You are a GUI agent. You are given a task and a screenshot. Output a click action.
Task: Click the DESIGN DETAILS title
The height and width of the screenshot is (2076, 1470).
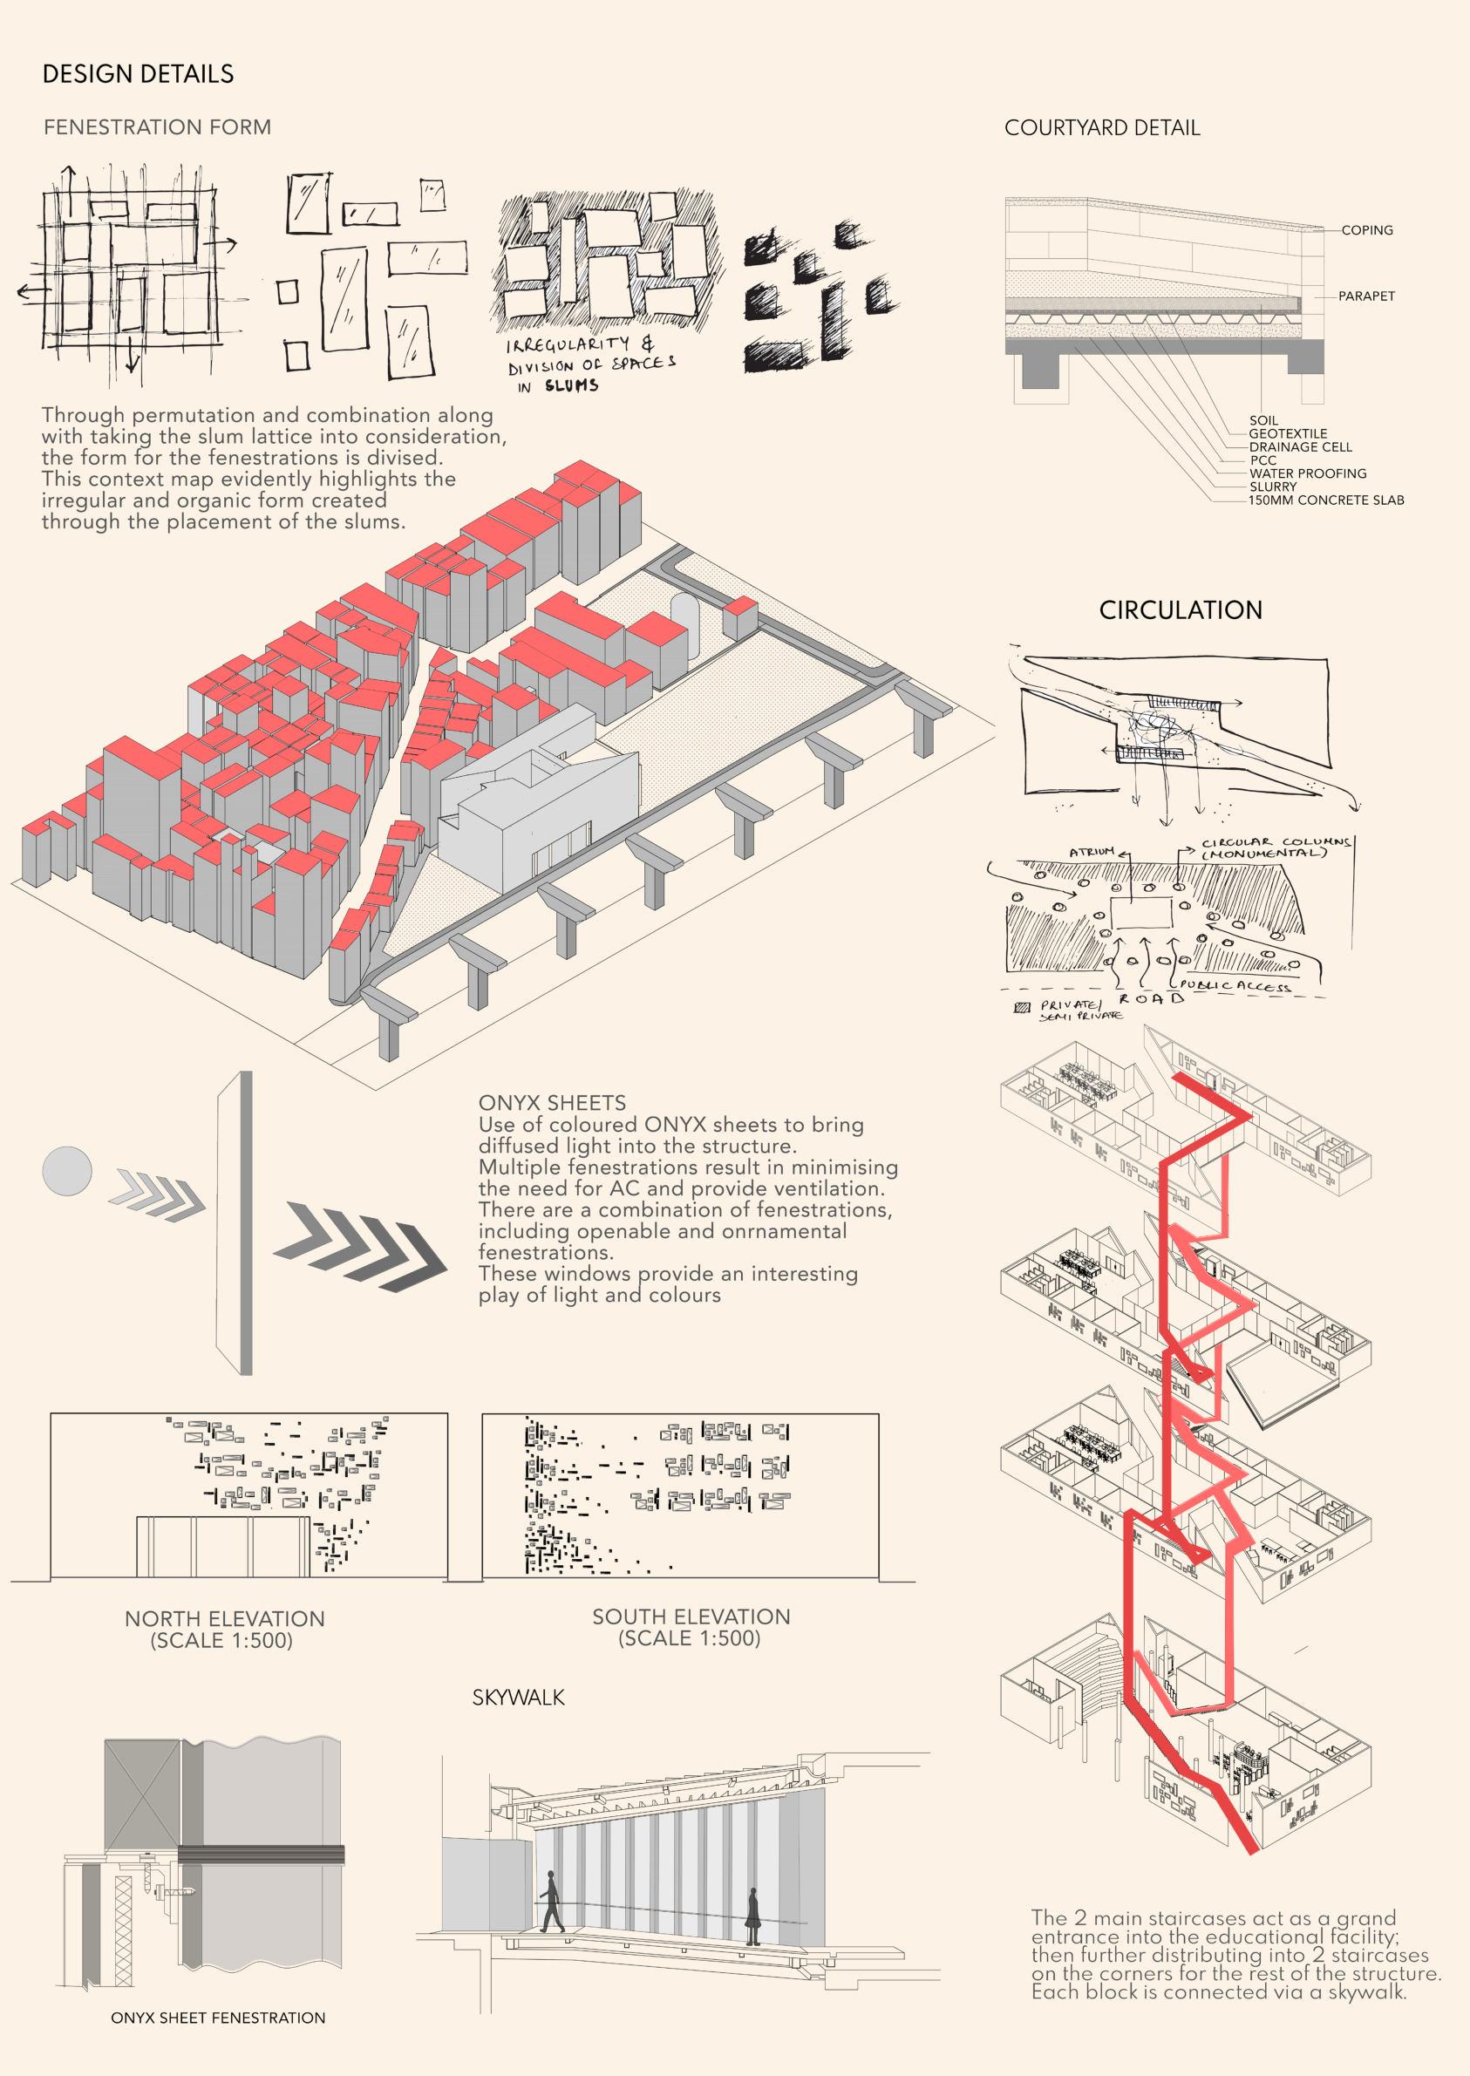click(x=138, y=74)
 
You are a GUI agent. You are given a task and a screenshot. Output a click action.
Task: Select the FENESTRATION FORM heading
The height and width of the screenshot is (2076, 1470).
click(x=158, y=127)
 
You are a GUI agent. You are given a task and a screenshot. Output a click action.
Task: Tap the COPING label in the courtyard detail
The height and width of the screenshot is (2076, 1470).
click(x=1367, y=231)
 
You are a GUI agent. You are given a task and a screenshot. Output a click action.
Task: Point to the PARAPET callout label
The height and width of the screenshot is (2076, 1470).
click(x=1366, y=296)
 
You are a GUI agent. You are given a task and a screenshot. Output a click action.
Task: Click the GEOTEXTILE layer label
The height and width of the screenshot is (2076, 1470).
click(x=1288, y=434)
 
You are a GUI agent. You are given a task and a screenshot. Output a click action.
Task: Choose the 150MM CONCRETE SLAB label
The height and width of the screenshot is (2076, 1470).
click(x=1326, y=500)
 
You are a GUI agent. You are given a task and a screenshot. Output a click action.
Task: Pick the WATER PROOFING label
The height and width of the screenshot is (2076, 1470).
click(x=1307, y=473)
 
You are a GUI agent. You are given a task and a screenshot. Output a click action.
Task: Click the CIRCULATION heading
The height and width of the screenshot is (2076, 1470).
click(x=1181, y=611)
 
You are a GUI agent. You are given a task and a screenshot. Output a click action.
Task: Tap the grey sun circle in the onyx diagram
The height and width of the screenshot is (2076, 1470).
click(x=67, y=1171)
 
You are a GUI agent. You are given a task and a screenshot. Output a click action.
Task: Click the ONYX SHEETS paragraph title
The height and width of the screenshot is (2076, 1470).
click(x=552, y=1103)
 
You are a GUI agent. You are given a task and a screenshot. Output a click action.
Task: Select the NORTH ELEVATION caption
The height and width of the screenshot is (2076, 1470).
click(x=224, y=1619)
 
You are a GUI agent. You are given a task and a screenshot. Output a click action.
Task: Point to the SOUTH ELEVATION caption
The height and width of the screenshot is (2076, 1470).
click(x=691, y=1617)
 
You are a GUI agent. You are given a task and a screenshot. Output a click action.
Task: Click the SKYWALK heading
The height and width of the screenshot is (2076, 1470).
click(x=518, y=1698)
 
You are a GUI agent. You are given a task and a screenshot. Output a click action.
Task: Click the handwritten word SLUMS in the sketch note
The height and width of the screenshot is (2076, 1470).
click(x=571, y=385)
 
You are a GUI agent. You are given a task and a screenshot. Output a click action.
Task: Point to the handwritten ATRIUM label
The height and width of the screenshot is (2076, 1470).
click(x=1092, y=853)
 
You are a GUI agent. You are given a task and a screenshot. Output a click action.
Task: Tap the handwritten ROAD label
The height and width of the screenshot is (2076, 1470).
click(x=1152, y=998)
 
